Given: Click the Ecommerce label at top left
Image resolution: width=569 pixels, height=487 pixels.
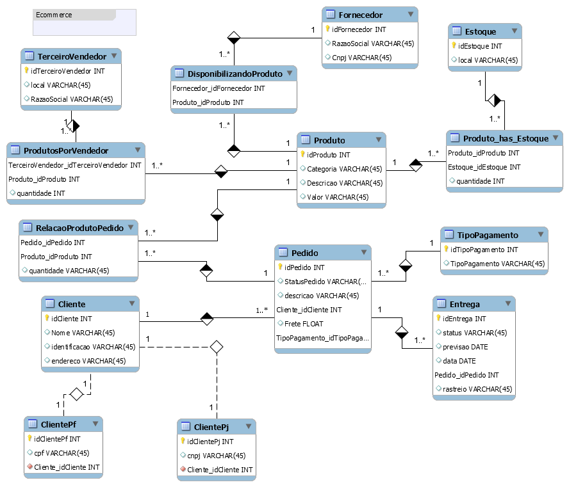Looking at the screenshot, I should [x=54, y=15].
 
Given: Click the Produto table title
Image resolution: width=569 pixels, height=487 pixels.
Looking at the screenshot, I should [x=329, y=140].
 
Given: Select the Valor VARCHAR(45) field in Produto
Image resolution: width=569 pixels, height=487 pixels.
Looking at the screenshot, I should [x=338, y=196].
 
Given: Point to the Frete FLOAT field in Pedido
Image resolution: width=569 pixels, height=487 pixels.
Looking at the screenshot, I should [x=304, y=324].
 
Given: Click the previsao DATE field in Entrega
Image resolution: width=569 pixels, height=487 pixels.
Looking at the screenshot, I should [x=465, y=347].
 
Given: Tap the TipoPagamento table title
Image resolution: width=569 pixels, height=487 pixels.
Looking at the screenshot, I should [x=488, y=235].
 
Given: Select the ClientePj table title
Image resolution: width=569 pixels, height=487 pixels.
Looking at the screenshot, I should [x=211, y=427].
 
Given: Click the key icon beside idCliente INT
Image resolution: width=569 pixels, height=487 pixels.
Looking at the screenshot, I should [x=46, y=318].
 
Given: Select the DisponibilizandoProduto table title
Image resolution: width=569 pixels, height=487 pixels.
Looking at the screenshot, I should [x=235, y=74].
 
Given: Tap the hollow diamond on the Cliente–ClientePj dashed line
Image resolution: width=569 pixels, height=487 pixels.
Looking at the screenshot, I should [x=217, y=347].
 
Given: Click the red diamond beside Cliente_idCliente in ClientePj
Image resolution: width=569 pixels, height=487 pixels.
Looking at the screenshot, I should [x=183, y=470].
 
